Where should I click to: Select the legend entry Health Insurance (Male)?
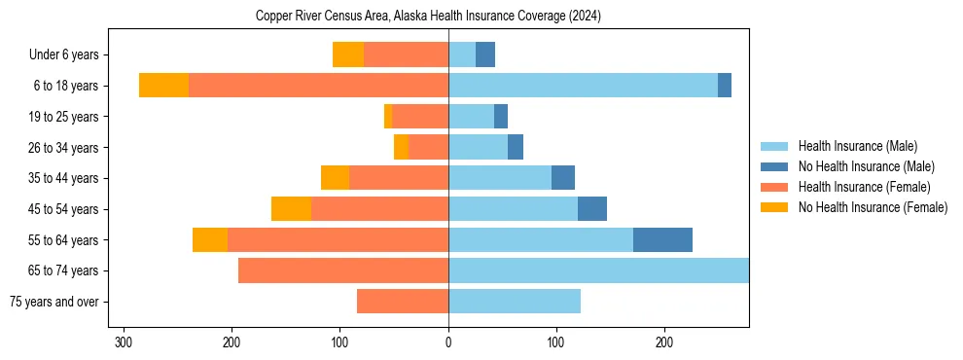click(x=855, y=146)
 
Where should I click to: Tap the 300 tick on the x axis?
click(x=124, y=342)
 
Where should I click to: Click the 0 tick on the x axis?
click(x=448, y=342)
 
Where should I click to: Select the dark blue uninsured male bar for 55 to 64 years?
click(x=662, y=239)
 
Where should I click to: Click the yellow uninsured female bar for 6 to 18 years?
click(x=163, y=86)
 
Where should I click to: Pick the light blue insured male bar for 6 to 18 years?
click(x=583, y=86)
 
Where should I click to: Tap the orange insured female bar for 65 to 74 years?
click(x=343, y=270)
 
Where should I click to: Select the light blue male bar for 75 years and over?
click(x=515, y=302)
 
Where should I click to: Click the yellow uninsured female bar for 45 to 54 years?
click(x=291, y=209)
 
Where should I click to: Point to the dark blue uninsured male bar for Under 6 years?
click(x=485, y=54)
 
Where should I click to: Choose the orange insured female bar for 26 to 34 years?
click(x=429, y=147)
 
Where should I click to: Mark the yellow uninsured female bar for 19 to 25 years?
click(x=388, y=117)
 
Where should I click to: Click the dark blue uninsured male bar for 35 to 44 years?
click(x=563, y=178)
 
